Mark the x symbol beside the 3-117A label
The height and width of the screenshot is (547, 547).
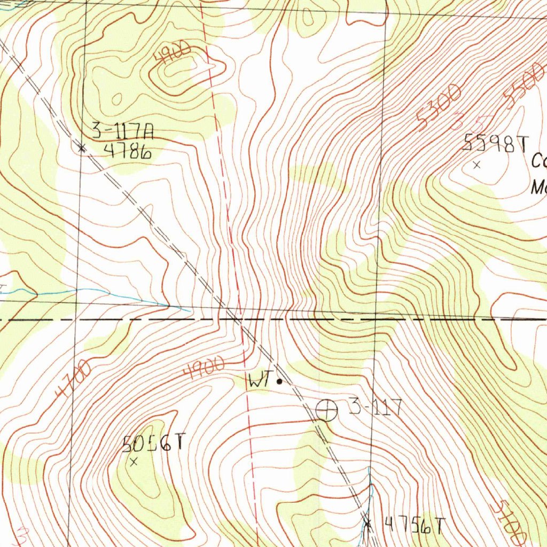pos(82,148)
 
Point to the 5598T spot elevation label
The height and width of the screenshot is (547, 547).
pos(495,144)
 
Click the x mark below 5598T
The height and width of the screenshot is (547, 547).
pos(477,166)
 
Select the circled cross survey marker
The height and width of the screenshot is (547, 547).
pos(327,410)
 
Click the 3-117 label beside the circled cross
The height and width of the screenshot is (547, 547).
pos(375,408)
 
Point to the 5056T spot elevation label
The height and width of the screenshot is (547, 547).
pos(153,442)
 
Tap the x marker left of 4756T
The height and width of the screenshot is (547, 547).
pos(367,522)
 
